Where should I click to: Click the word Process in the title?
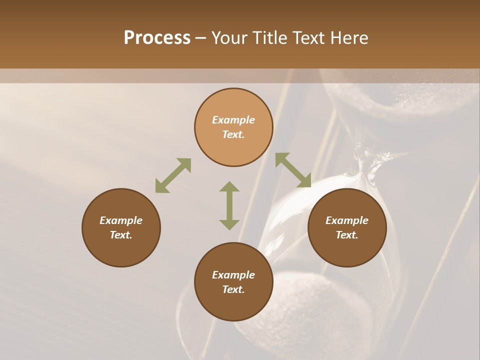[x=157, y=38]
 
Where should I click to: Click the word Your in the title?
[x=228, y=38]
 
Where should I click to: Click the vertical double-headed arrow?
[x=229, y=205]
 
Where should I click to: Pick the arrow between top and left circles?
[x=173, y=175]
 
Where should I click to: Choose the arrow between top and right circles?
[x=293, y=170]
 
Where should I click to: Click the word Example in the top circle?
[x=233, y=120]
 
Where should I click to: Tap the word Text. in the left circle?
[x=121, y=235]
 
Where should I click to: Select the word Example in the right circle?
[x=347, y=220]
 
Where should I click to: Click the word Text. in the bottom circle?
[x=233, y=289]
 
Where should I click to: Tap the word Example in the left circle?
[x=121, y=220]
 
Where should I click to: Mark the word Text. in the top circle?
[x=233, y=134]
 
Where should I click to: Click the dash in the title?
[x=201, y=38]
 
